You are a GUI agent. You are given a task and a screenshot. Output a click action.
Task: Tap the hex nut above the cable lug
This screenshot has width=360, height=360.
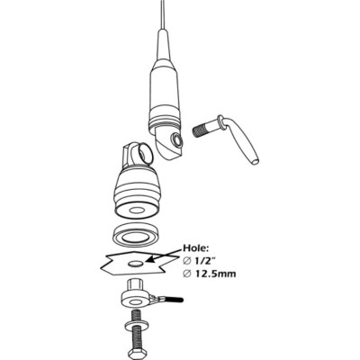[130, 289]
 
